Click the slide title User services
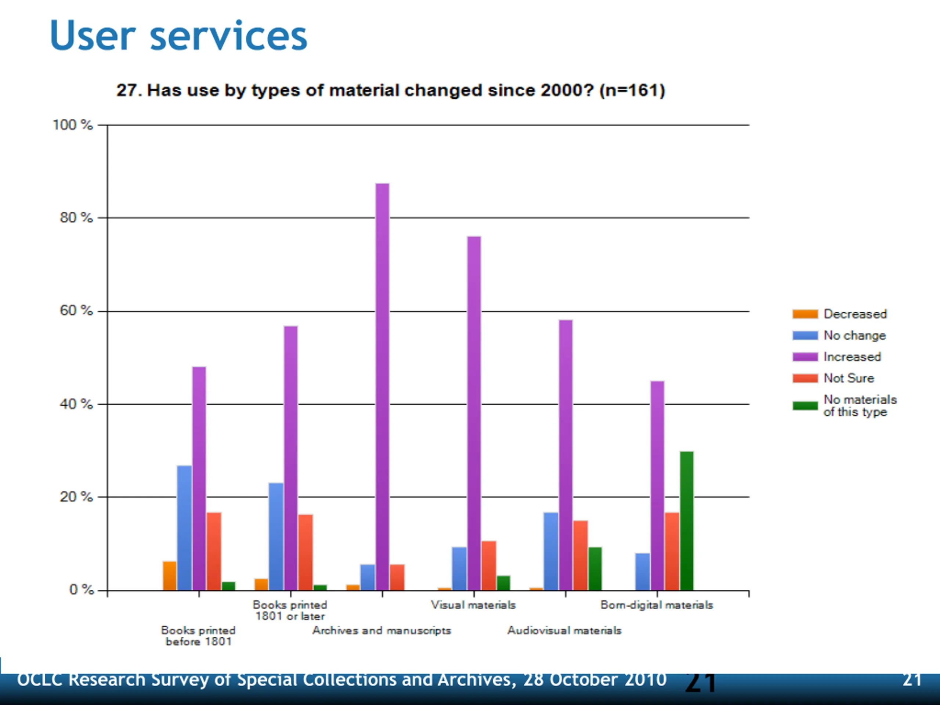178,36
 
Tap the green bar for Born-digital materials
686,521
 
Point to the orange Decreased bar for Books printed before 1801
170,576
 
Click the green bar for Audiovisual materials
595,568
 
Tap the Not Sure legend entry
849,378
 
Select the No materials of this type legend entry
859,405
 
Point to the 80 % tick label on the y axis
76,218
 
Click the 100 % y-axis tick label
72,125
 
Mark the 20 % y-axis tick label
76,497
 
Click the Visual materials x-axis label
473,605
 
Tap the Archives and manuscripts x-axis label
382,630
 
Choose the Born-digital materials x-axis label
657,605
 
